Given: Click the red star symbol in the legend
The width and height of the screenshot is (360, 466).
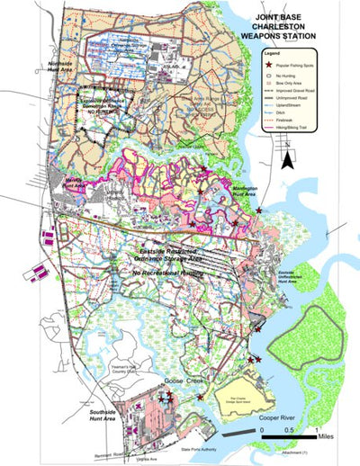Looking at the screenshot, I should tap(269, 67).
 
